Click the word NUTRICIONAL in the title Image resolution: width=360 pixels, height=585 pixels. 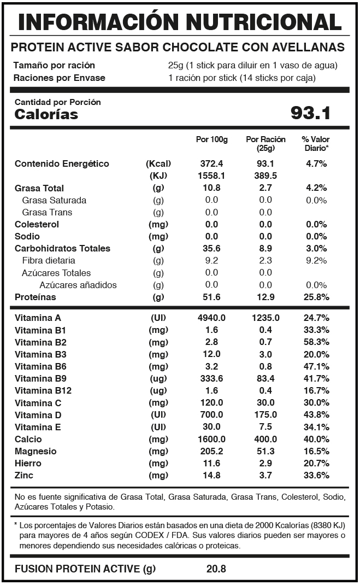point(263,22)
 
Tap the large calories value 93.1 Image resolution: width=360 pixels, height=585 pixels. point(310,113)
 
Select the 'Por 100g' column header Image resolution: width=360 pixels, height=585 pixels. point(211,139)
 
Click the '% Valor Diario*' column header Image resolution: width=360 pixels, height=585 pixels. point(316,144)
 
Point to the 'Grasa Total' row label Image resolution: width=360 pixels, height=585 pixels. point(39,188)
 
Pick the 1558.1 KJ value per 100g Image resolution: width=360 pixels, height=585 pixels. point(211,176)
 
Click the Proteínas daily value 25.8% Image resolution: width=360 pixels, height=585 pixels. point(316,297)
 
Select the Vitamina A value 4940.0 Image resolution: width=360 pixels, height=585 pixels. point(211,318)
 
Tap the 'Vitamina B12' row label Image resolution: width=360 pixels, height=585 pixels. point(43,390)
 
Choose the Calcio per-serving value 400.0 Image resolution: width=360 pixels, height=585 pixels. point(265,439)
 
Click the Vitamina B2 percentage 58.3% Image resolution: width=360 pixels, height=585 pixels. point(316,342)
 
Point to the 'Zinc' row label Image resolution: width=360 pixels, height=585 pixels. point(24,475)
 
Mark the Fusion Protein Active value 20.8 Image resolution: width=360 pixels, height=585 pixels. point(216,569)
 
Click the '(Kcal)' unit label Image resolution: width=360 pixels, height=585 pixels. point(158,164)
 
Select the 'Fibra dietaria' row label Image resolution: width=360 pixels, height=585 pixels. point(49,260)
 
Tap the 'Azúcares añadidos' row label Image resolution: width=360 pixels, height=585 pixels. point(78,285)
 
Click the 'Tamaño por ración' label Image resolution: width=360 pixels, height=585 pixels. point(54,66)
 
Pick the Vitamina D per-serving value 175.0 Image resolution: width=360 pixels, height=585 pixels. point(265,414)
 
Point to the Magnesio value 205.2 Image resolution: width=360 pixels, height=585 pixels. point(211,451)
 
